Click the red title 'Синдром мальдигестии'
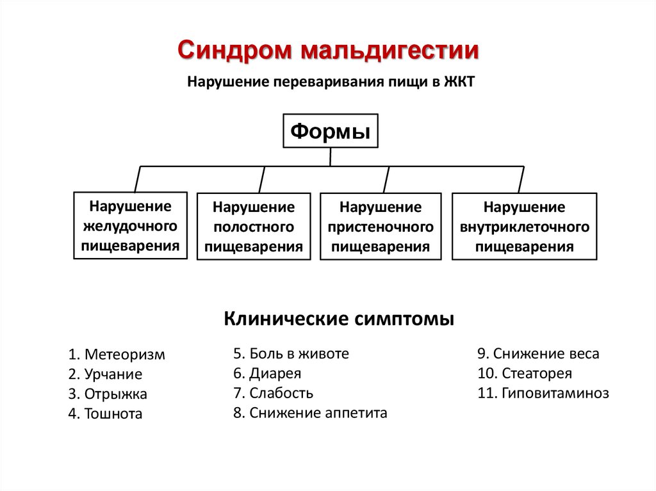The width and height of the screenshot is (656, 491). point(328,51)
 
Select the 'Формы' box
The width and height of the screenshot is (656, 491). point(331,132)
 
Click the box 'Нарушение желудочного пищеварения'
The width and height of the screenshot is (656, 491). point(131,225)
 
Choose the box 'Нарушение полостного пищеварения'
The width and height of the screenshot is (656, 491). point(254,227)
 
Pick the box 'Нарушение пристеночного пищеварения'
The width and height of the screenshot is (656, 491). point(381,227)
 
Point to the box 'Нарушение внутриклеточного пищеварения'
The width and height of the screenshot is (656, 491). point(524,227)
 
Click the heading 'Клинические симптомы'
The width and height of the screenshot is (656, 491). point(339,318)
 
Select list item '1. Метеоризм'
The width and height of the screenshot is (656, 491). point(117,355)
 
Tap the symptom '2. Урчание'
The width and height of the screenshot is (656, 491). point(105,374)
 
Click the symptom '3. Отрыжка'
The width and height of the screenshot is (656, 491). point(108,394)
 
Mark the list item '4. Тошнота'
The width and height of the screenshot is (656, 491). point(105,414)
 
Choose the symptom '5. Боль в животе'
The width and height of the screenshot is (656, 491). point(291,353)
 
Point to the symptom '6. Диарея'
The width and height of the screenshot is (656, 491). point(267,373)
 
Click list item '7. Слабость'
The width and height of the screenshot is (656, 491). point(273,393)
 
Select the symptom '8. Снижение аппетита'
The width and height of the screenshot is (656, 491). point(310,413)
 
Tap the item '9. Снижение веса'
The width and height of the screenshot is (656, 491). point(538,353)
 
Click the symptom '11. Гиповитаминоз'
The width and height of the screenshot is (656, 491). point(543,393)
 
